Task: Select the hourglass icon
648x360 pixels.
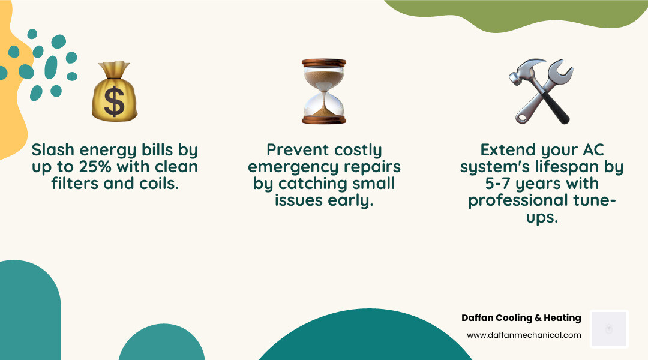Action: tap(324, 91)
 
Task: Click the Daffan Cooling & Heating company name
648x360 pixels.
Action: tap(521, 318)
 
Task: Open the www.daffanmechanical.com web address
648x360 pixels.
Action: tap(524, 335)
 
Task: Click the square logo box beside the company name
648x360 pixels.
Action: tap(608, 328)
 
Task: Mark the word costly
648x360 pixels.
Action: tap(355, 149)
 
